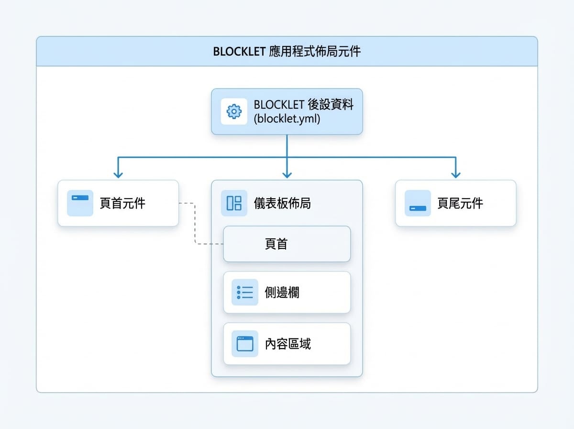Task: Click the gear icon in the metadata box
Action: tap(234, 112)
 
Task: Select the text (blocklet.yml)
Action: tap(287, 119)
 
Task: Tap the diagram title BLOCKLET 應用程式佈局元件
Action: tap(287, 51)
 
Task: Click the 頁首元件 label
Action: tap(122, 203)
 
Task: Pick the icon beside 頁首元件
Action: tap(80, 203)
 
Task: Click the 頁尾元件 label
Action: tap(460, 203)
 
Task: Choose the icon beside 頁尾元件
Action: tap(418, 203)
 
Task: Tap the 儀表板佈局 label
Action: tap(282, 203)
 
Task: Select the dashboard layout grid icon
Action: tap(234, 203)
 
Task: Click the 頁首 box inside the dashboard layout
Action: tap(287, 244)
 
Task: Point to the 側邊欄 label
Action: tap(282, 293)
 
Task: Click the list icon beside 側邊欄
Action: tap(245, 293)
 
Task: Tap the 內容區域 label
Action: tap(287, 344)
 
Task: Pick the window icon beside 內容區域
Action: tap(245, 344)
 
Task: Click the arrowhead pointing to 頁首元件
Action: tap(118, 175)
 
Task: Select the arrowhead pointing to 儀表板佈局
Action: tap(287, 175)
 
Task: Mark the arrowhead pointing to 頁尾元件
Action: tap(456, 175)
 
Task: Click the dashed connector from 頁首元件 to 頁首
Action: tap(195, 223)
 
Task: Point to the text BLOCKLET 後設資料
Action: tap(303, 104)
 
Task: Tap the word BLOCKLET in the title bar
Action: tap(239, 52)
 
